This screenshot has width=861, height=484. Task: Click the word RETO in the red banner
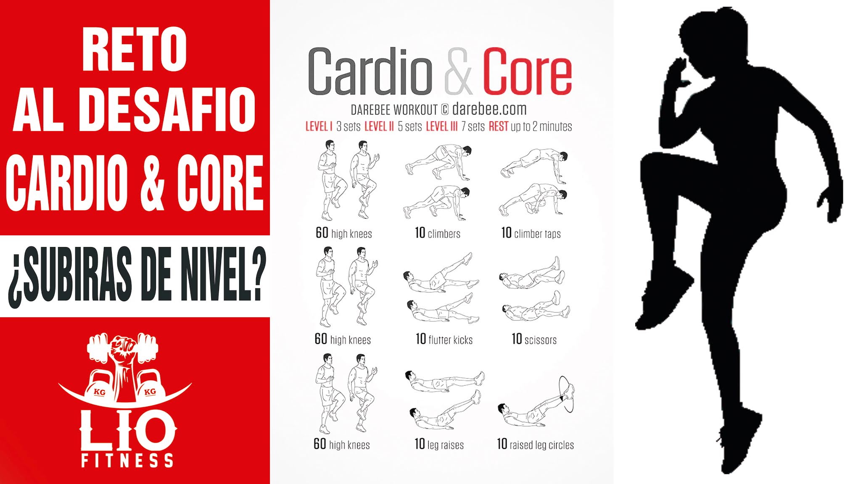134,50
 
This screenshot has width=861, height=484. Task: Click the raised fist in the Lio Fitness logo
123,349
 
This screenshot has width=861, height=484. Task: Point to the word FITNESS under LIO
127,460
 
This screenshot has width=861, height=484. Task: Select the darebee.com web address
489,109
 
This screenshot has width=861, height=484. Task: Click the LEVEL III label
441,126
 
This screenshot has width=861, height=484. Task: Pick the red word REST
498,126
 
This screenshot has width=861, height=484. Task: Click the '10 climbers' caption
438,233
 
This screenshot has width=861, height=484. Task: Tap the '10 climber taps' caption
531,233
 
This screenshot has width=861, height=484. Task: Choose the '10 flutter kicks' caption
444,339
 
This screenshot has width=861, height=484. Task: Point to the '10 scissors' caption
534,339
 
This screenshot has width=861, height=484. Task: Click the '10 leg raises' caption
439,445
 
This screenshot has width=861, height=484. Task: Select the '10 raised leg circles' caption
535,445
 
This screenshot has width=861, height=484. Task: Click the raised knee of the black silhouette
656,168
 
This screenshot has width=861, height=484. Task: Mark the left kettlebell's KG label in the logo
100,392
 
